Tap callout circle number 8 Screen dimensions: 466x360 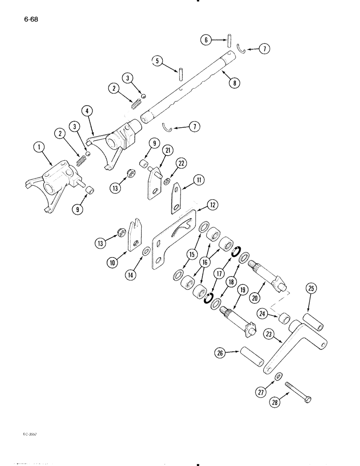[x=233, y=83]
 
